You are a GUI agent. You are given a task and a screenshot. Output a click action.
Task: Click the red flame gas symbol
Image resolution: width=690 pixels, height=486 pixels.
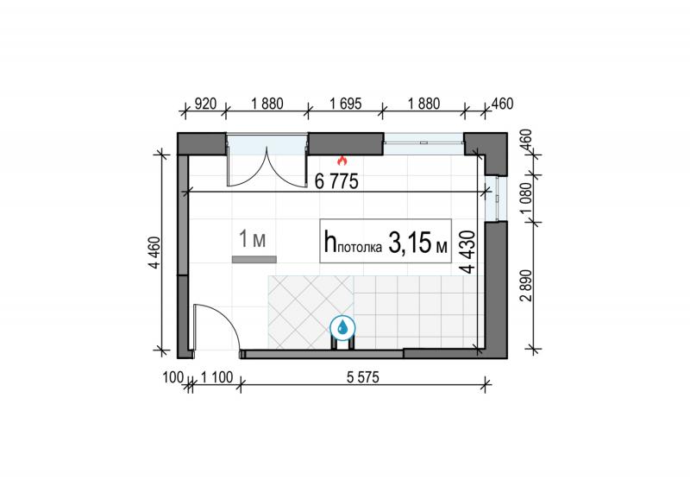[342, 161]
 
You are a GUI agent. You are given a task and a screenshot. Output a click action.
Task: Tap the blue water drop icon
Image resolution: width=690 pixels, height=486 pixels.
[342, 327]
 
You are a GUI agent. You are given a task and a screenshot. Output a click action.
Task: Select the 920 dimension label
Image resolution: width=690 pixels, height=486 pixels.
[205, 104]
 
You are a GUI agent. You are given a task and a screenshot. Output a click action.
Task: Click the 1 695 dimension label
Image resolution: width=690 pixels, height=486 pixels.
[346, 104]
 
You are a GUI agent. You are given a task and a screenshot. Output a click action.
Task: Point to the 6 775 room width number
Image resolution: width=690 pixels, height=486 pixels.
[336, 181]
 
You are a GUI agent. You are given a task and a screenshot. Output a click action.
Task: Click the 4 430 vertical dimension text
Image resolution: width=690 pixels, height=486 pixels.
[468, 251]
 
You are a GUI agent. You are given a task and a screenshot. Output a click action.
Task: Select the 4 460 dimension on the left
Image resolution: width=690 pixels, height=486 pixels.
[155, 252]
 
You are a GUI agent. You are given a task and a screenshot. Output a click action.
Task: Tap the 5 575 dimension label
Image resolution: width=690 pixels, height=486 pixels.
[362, 377]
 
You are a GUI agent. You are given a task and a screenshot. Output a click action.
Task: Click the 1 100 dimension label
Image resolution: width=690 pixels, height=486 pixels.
[216, 377]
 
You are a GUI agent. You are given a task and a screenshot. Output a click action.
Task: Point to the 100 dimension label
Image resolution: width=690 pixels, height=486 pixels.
[172, 377]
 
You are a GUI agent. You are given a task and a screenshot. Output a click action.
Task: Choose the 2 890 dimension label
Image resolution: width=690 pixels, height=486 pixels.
[526, 286]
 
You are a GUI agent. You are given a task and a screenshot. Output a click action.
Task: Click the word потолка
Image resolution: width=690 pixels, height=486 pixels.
[360, 248]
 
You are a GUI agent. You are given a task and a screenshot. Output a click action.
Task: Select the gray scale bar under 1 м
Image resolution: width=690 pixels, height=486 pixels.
[254, 260]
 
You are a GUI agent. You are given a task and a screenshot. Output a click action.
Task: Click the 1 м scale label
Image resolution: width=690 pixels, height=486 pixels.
[252, 239]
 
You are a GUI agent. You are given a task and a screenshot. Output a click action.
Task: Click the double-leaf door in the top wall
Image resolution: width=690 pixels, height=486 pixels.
[267, 161]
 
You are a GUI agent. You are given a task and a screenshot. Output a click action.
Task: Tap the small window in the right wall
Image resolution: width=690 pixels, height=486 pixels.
[496, 199]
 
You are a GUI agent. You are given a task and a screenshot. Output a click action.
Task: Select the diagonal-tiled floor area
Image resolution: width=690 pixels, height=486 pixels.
[310, 312]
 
